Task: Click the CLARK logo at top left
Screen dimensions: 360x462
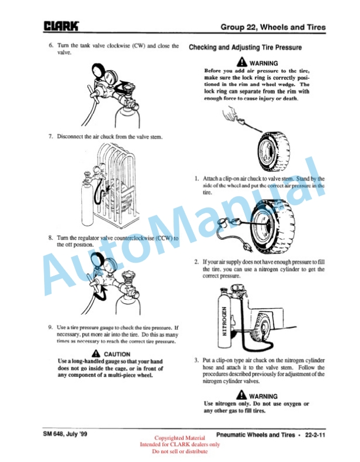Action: pyautogui.click(x=61, y=26)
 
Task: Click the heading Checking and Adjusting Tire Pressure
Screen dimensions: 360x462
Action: pyautogui.click(x=245, y=48)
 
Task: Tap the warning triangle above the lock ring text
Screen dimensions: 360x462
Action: pyautogui.click(x=242, y=62)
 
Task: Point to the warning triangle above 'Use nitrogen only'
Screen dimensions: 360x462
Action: pyautogui.click(x=242, y=395)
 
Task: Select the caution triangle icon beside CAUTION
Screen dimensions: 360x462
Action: pyautogui.click(x=96, y=353)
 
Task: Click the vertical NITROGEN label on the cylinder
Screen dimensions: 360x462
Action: pyautogui.click(x=224, y=321)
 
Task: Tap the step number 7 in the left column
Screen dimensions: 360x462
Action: pyautogui.click(x=51, y=136)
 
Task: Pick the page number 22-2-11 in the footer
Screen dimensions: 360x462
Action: pyautogui.click(x=315, y=434)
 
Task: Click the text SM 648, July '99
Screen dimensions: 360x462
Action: pyautogui.click(x=65, y=434)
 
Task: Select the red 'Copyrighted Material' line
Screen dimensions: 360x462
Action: pyautogui.click(x=179, y=438)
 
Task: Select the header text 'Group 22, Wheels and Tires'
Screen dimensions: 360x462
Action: pyautogui.click(x=273, y=27)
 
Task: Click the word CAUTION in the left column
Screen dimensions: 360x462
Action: pyautogui.click(x=117, y=354)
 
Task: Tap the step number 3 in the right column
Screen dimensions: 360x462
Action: pyautogui.click(x=196, y=360)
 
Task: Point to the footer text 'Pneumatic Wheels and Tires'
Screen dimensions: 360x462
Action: pyautogui.click(x=255, y=434)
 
